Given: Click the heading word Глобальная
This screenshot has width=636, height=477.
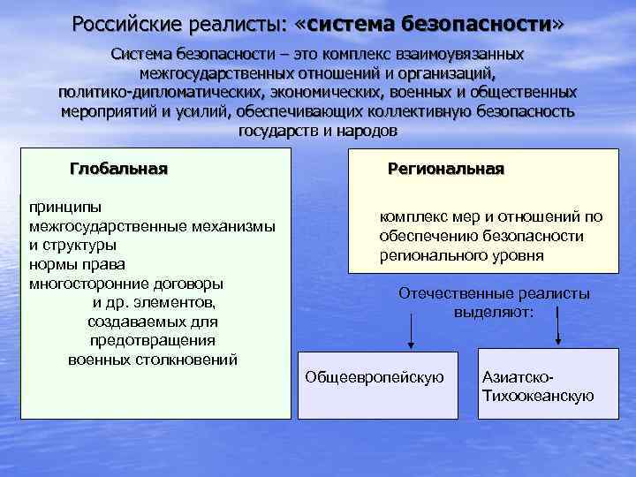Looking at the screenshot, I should click(x=118, y=168).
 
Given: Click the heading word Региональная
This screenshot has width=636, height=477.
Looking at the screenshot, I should click(x=446, y=168).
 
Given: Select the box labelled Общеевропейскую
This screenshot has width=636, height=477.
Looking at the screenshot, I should click(x=375, y=377).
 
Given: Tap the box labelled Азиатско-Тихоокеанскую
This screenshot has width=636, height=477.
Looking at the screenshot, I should click(x=537, y=386).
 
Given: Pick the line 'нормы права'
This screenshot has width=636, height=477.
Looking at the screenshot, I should click(x=78, y=264).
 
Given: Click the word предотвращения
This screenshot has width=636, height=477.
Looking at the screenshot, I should click(x=153, y=340).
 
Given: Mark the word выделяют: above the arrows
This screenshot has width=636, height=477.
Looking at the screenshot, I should click(x=494, y=311).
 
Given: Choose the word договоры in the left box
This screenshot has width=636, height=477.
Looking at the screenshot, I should click(x=187, y=284).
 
